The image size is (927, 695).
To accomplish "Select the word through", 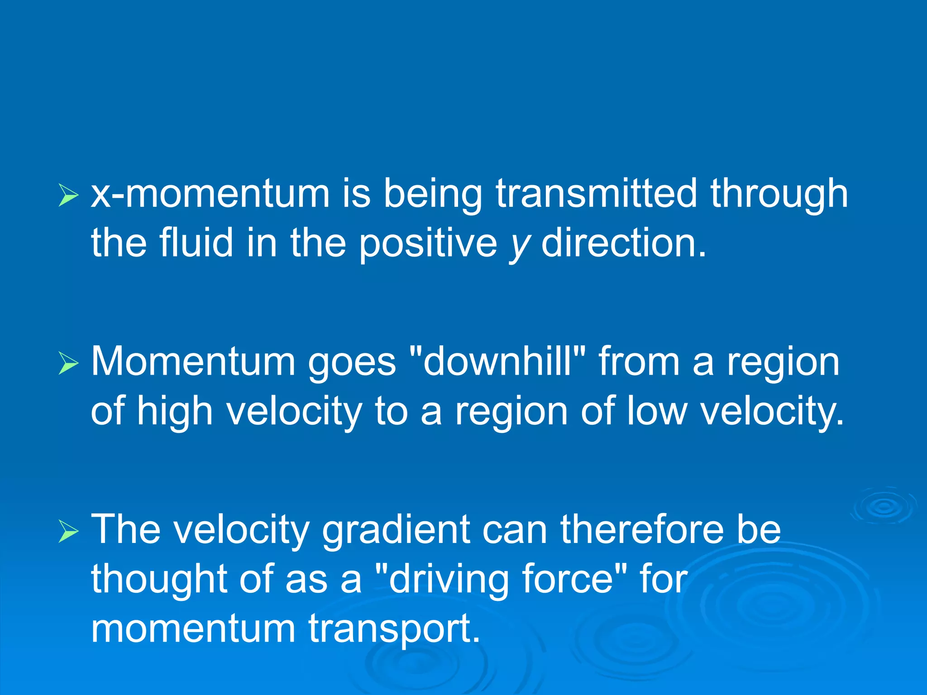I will [779, 194].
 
